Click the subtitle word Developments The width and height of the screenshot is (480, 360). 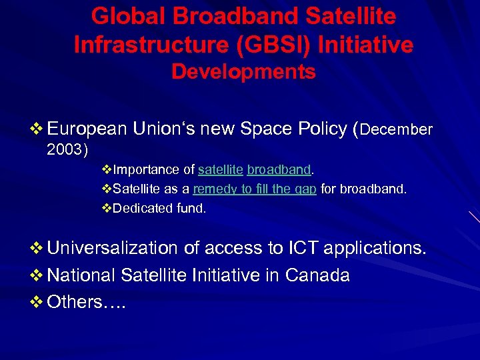click(243, 72)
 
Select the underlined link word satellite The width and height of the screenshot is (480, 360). click(221, 170)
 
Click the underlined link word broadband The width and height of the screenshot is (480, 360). click(279, 170)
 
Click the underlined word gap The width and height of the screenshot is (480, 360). click(305, 189)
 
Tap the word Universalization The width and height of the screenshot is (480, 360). click(113, 248)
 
